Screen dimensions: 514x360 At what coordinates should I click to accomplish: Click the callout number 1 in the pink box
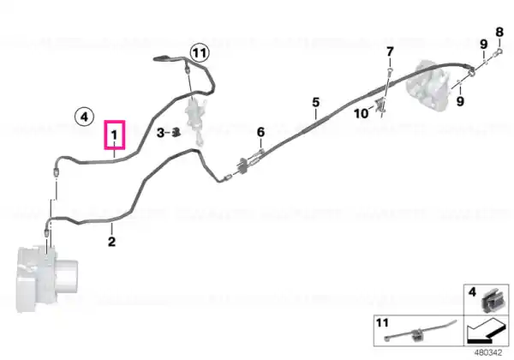[114, 135]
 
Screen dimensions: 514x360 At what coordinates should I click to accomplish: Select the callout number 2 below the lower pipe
[111, 242]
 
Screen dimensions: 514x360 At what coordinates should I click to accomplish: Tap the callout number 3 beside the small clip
[160, 133]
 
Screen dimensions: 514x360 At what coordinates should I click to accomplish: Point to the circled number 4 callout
[84, 117]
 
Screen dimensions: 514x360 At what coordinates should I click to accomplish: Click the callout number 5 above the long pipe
[315, 102]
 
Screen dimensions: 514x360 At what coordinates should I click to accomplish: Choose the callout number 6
[260, 132]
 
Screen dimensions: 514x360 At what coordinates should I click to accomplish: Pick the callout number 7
[390, 51]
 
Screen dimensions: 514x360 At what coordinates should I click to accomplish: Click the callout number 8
[499, 32]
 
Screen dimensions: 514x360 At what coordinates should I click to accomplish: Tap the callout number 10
[361, 114]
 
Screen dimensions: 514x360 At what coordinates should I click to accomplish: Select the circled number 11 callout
[200, 53]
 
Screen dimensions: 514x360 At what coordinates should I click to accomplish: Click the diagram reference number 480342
[488, 353]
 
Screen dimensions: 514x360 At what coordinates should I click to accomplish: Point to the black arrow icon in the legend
[487, 332]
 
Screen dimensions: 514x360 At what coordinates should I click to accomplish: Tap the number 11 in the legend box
[382, 323]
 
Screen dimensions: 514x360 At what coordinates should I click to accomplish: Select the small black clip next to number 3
[176, 132]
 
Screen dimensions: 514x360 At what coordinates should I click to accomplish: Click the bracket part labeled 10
[381, 105]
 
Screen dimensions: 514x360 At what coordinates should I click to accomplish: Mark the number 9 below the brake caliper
[460, 101]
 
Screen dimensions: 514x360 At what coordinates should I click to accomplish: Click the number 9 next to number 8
[483, 45]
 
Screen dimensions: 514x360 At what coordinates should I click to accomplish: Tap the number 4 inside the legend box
[472, 291]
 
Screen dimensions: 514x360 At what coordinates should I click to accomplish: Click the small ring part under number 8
[499, 51]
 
